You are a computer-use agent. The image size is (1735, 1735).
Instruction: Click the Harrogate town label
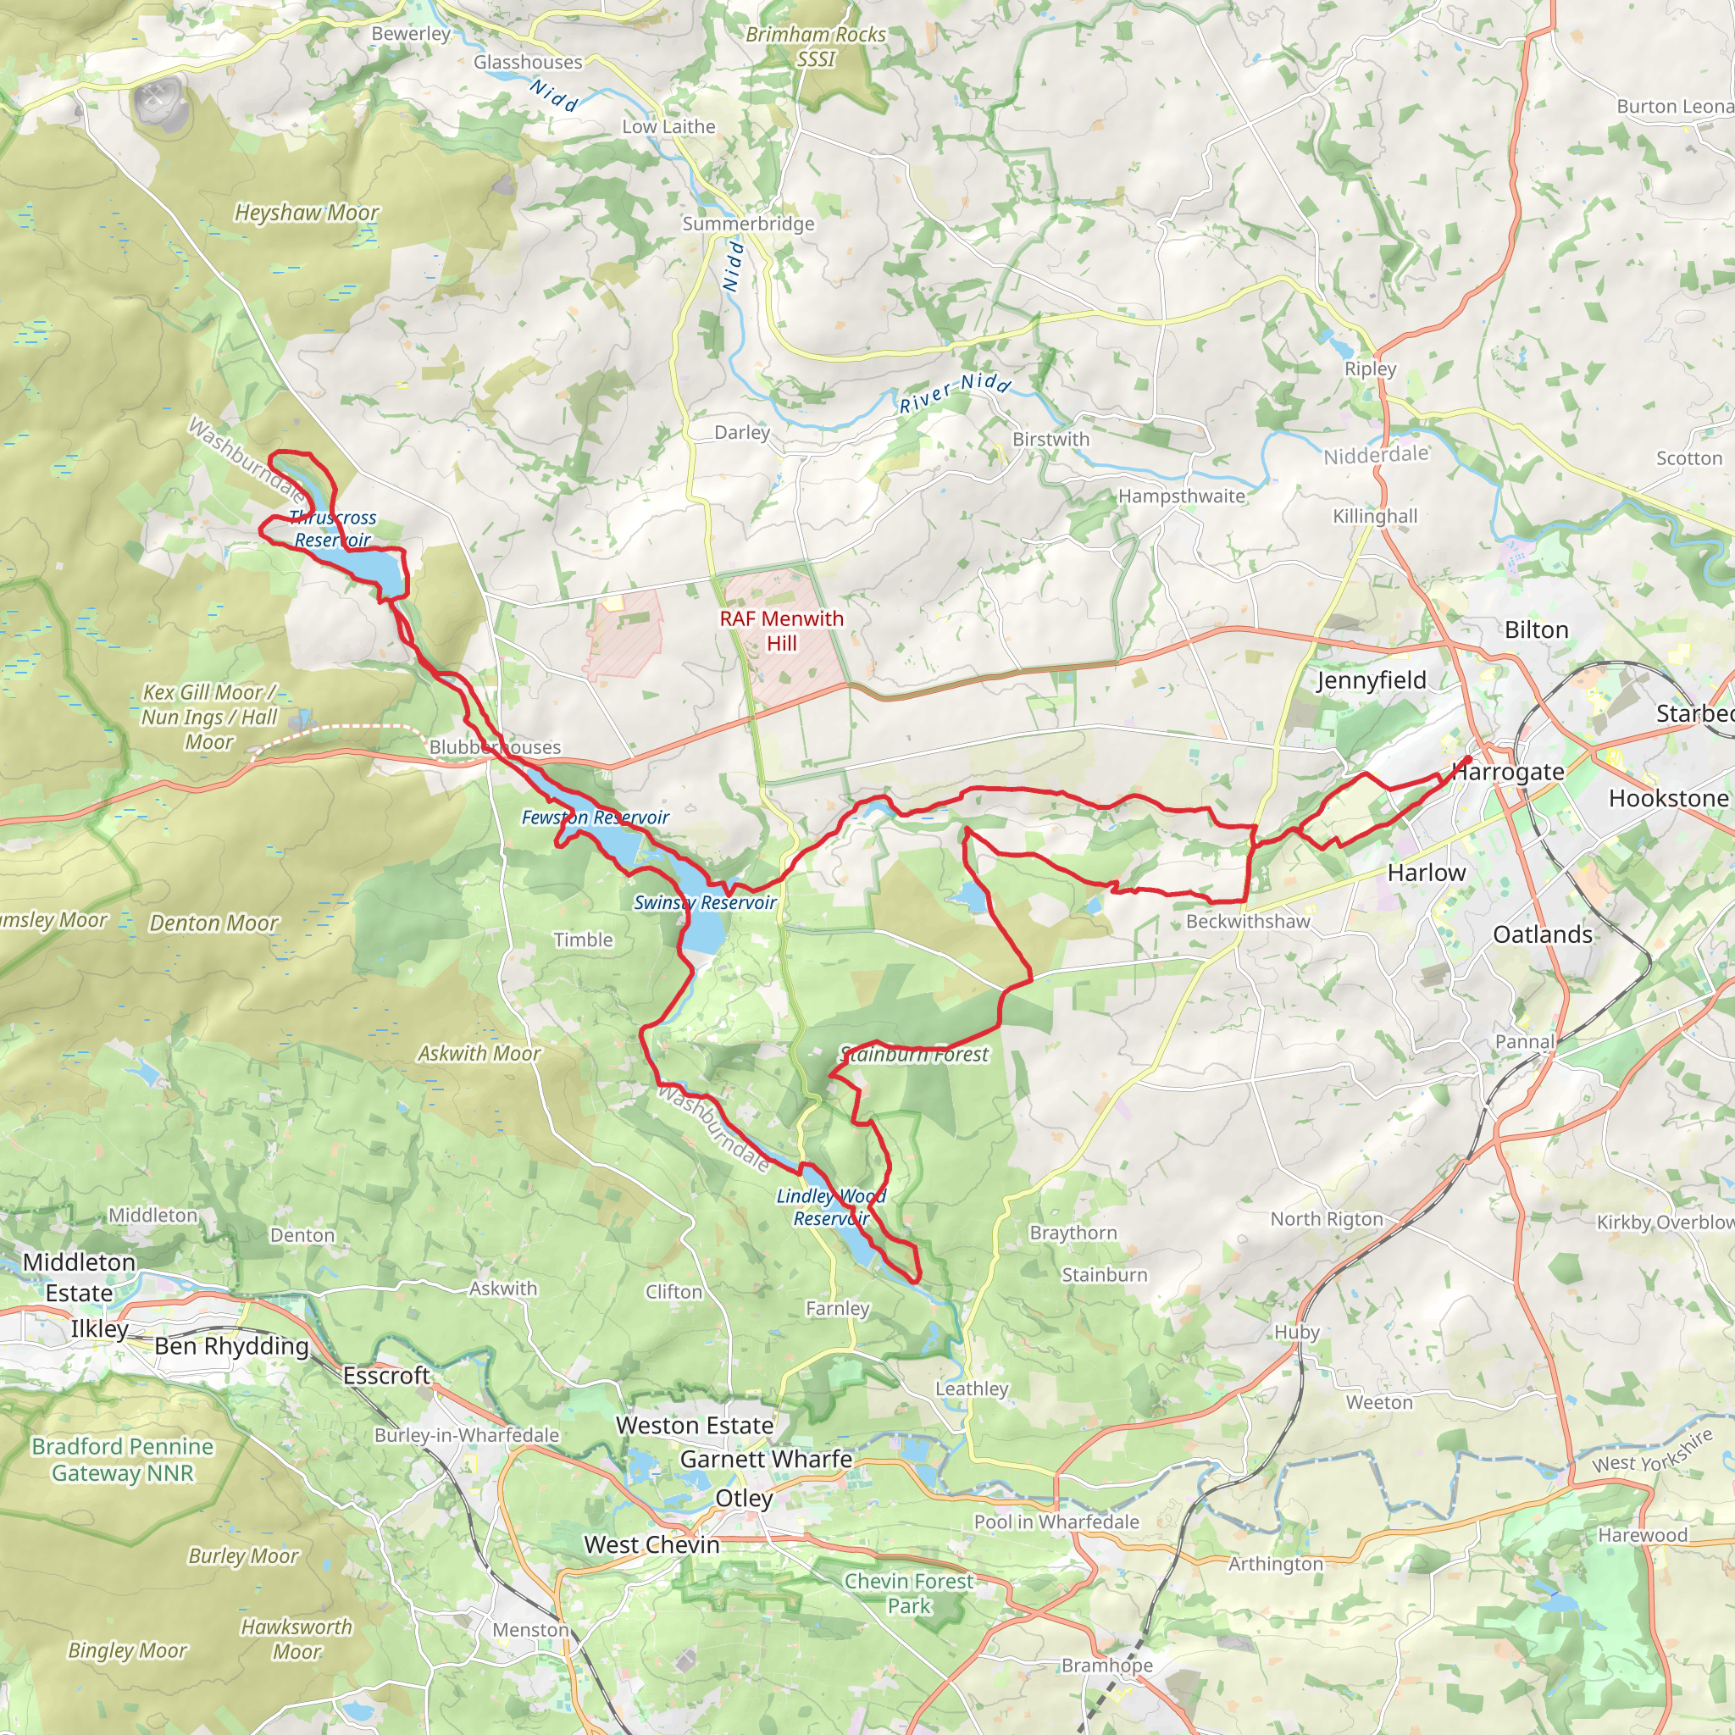pyautogui.click(x=1509, y=772)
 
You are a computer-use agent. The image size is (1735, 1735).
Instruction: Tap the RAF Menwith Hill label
pyautogui.click(x=781, y=630)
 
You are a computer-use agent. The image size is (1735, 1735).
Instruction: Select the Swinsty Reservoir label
pyautogui.click(x=705, y=902)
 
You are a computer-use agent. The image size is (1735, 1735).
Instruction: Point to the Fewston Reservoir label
pyautogui.click(x=596, y=818)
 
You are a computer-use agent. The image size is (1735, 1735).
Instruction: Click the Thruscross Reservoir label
pyautogui.click(x=332, y=529)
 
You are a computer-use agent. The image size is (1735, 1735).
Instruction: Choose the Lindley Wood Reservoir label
pyautogui.click(x=831, y=1207)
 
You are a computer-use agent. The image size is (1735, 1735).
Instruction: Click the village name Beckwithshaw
pyautogui.click(x=1248, y=922)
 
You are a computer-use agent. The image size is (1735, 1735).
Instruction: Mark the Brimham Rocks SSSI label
pyautogui.click(x=816, y=47)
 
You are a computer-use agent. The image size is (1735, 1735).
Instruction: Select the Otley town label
pyautogui.click(x=744, y=1498)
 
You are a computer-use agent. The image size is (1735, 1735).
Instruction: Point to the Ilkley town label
pyautogui.click(x=100, y=1329)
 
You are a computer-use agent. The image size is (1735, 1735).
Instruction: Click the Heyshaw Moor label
pyautogui.click(x=306, y=213)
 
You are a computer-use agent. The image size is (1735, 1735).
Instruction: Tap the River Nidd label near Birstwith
pyautogui.click(x=956, y=392)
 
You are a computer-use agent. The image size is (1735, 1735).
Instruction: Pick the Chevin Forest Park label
pyautogui.click(x=909, y=1594)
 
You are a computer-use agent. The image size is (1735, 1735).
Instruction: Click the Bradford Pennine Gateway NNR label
pyautogui.click(x=122, y=1460)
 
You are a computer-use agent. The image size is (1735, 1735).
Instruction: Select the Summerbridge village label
pyautogui.click(x=748, y=224)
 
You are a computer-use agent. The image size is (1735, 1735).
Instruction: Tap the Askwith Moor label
pyautogui.click(x=479, y=1053)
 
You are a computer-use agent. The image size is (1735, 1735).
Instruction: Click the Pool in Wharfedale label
pyautogui.click(x=1056, y=1522)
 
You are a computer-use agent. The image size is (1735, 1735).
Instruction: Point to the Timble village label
pyautogui.click(x=583, y=940)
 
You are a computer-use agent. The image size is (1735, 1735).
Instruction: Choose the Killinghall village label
pyautogui.click(x=1375, y=517)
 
